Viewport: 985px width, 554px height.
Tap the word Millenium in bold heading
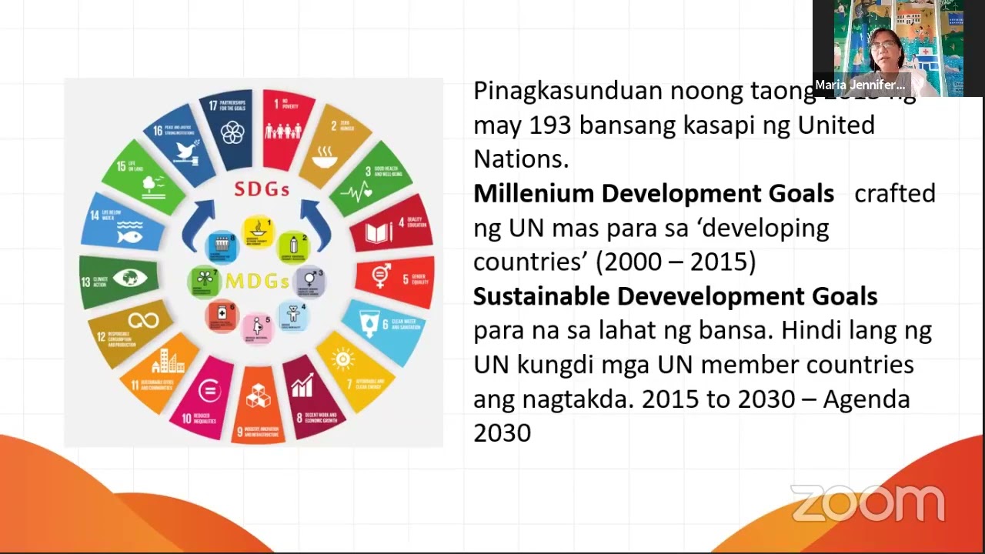coord(534,193)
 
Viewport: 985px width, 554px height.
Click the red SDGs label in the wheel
coord(262,189)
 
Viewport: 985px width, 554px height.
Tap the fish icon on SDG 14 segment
coord(129,235)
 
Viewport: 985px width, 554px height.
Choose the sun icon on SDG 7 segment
coord(343,359)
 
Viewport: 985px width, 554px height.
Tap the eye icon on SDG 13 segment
coord(130,278)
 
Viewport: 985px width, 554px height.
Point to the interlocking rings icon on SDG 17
coord(232,133)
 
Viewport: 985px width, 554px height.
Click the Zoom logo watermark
coord(867,503)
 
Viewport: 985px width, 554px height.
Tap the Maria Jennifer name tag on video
coord(860,85)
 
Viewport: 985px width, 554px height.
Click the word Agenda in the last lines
coord(866,399)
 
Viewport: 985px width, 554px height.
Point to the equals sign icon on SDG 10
coord(209,391)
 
